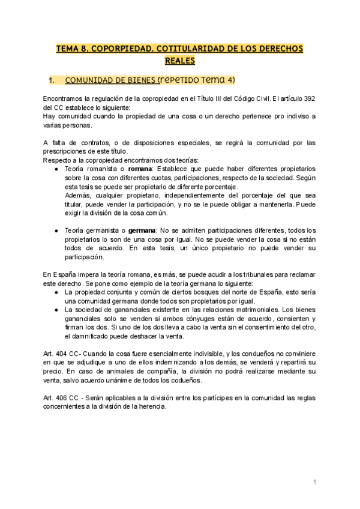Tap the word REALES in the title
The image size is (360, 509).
click(x=179, y=61)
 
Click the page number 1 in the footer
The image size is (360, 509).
click(x=314, y=482)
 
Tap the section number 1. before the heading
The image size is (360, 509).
click(x=52, y=80)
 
